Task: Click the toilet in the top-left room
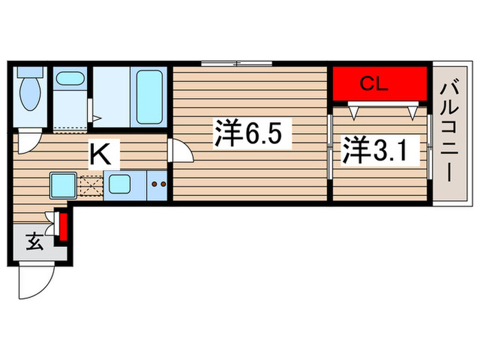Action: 30,95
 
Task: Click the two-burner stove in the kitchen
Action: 159,184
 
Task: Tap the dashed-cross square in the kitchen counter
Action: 91,186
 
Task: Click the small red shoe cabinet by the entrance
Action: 63,228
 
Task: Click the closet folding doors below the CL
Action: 382,108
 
